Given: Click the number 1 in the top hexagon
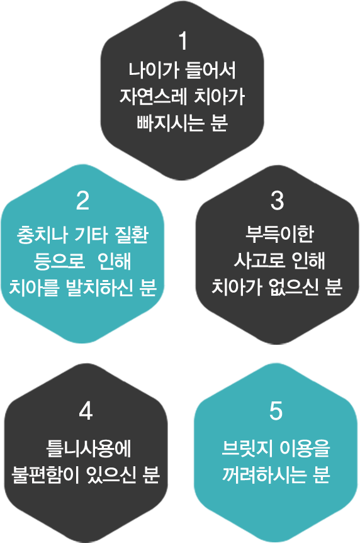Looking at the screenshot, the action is (183, 41).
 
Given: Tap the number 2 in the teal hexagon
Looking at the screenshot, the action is (82, 201).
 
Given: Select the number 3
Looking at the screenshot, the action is (277, 201).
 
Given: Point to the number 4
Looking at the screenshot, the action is (86, 411).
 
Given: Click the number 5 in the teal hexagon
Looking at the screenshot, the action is (276, 411).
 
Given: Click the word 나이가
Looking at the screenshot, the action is (154, 70).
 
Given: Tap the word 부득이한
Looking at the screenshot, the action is (279, 234).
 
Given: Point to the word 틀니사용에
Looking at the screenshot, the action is (89, 449).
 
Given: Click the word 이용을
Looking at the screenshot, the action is (305, 449).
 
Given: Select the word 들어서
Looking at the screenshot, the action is (211, 70).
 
